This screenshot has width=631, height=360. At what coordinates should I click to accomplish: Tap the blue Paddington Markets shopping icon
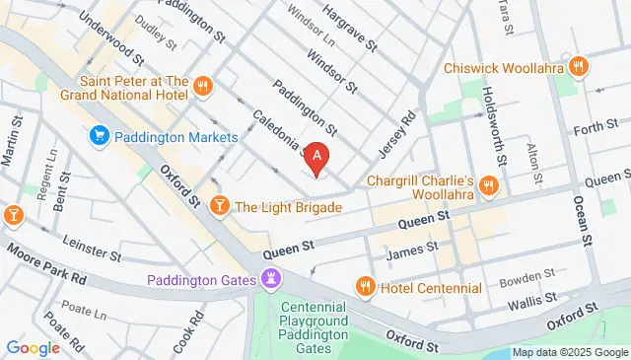click(x=99, y=135)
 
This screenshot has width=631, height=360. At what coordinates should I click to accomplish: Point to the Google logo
click(x=34, y=347)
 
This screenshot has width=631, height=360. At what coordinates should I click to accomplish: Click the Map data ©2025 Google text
click(x=569, y=352)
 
